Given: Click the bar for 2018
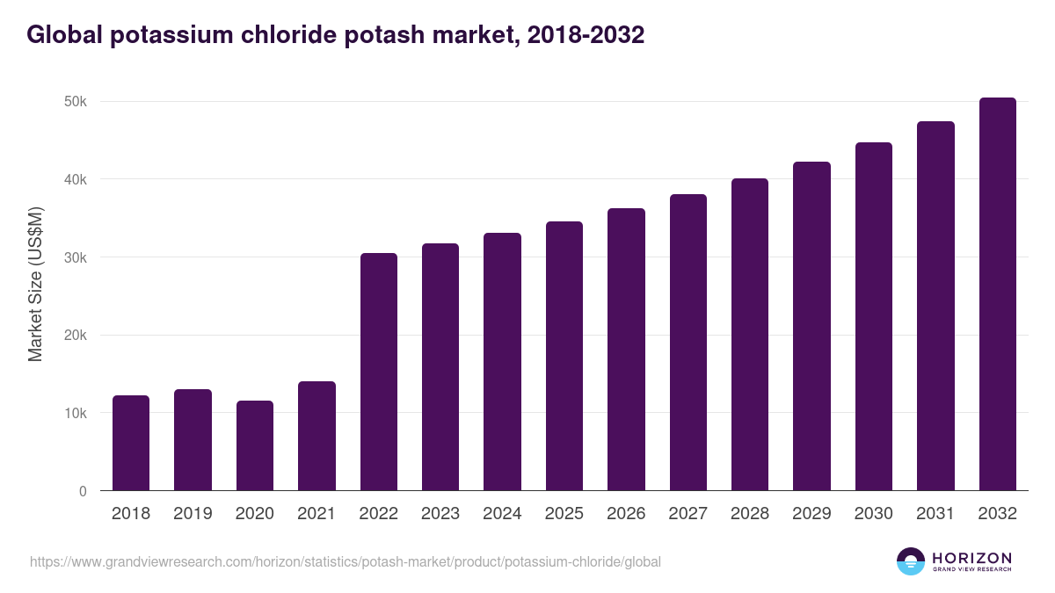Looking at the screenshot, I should pos(131,443).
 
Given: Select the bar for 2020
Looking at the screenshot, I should pos(255,445).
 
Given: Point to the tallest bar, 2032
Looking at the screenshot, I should pos(997,294).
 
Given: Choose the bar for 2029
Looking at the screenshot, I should pos(811,326).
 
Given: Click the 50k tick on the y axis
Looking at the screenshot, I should pos(75,102).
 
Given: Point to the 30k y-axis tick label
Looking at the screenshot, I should pos(75,257).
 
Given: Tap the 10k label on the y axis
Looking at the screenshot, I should pos(75,413).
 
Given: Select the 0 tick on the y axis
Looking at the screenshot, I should pos(83,491).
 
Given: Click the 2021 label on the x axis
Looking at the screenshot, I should pos(316,514).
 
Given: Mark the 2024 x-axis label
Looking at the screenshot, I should pos(502,514).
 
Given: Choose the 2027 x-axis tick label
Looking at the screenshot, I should pos(688,514).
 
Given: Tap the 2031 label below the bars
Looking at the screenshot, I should pos(935,514).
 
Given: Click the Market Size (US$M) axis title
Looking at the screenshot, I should pos(36,284).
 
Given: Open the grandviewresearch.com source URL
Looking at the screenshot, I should pos(346,561).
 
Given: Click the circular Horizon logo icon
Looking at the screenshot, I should pos(911,561).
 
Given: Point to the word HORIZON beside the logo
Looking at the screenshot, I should pos(971,558).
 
